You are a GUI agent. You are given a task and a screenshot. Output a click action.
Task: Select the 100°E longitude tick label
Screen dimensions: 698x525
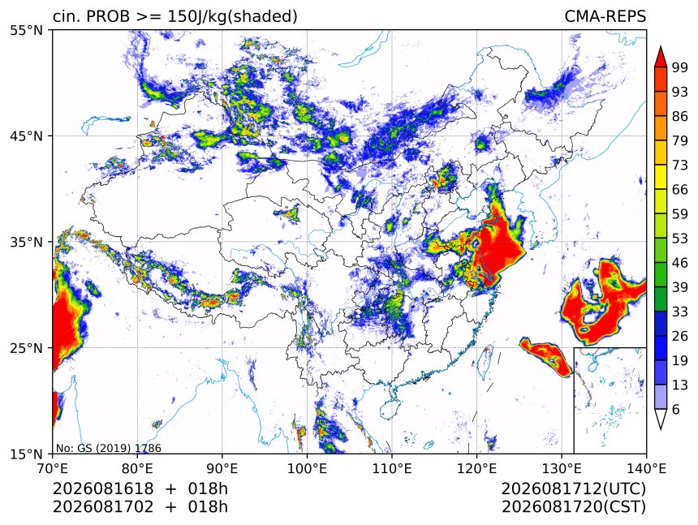click(307, 468)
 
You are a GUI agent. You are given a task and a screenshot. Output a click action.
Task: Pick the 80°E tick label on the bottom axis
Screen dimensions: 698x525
click(137, 468)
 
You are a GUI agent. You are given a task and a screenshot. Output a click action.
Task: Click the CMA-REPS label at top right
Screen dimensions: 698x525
click(605, 16)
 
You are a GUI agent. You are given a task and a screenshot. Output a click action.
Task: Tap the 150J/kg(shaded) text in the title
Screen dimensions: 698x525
click(232, 16)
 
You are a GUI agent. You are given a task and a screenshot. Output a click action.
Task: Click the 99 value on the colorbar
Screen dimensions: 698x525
click(680, 67)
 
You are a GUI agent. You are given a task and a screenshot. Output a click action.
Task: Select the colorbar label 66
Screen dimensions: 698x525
click(680, 190)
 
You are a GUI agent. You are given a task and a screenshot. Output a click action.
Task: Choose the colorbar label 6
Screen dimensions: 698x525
click(676, 409)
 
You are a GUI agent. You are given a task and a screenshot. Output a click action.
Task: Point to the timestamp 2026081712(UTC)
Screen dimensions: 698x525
click(573, 488)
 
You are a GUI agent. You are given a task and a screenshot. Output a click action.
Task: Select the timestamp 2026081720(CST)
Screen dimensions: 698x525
click(573, 507)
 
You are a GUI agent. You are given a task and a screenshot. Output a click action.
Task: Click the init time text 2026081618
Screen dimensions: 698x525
click(103, 488)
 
